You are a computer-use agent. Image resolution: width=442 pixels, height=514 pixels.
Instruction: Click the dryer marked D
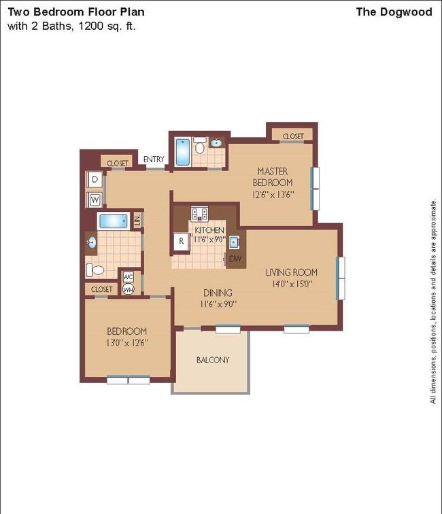pyautogui.click(x=95, y=180)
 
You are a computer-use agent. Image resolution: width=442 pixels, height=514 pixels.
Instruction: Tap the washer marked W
pyautogui.click(x=95, y=200)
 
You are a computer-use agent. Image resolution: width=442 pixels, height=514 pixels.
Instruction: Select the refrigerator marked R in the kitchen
pyautogui.click(x=182, y=242)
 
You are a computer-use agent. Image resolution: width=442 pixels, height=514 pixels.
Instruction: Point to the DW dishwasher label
pyautogui.click(x=235, y=259)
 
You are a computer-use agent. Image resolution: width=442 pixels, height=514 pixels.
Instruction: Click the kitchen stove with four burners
pyautogui.click(x=199, y=213)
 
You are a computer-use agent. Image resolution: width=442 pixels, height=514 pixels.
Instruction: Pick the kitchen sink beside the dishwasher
pyautogui.click(x=234, y=242)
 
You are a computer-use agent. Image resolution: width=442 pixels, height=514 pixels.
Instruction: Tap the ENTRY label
pyautogui.click(x=154, y=160)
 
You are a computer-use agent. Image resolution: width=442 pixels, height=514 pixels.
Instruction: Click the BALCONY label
pyautogui.click(x=212, y=360)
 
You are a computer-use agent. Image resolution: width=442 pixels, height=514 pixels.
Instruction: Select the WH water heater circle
pyautogui.click(x=128, y=289)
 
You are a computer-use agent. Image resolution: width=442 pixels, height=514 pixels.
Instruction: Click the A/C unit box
pyautogui.click(x=128, y=277)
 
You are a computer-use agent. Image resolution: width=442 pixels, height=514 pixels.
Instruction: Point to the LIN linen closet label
pyautogui.click(x=137, y=219)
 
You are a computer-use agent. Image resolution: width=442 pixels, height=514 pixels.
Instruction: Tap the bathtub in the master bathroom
pyautogui.click(x=183, y=152)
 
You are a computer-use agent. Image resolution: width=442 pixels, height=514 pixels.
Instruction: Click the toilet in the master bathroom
pyautogui.click(x=200, y=145)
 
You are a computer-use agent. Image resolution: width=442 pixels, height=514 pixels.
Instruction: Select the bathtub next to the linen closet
pyautogui.click(x=114, y=221)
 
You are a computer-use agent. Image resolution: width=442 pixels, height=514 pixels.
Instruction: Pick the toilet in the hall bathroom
pyautogui.click(x=95, y=270)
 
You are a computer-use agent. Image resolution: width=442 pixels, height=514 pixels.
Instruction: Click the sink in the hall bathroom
pyautogui.click(x=91, y=243)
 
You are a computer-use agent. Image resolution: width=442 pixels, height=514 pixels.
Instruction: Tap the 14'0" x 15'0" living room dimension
pyautogui.click(x=292, y=284)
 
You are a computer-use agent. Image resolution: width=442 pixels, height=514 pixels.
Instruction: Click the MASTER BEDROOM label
pyautogui.click(x=273, y=177)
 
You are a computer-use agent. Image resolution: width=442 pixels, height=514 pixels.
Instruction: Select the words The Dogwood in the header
pyautogui.click(x=394, y=12)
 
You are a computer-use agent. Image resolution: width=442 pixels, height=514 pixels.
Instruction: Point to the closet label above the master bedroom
pyautogui.click(x=293, y=136)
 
